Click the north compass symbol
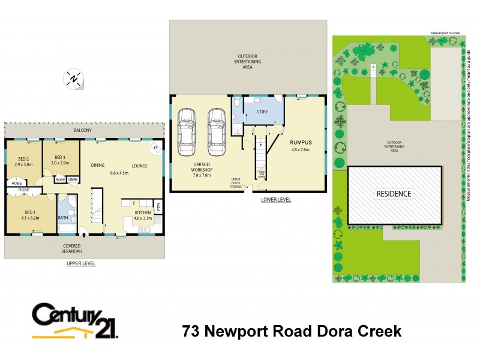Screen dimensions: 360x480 [73, 78]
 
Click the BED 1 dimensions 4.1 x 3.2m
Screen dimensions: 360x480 [29, 218]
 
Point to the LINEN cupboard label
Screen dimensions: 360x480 [73, 179]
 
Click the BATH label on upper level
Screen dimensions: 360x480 [63, 218]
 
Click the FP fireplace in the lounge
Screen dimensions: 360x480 [155, 147]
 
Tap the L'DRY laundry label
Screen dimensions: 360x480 [262, 112]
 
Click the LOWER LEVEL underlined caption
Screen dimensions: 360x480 [275, 199]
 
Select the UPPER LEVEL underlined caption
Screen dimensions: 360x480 [80, 263]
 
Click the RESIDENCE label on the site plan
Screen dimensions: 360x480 [394, 194]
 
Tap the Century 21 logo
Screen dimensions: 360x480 [75, 320]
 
